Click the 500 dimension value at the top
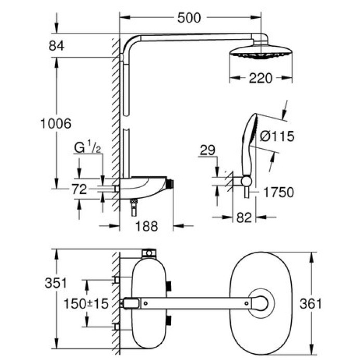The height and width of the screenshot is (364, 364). pyautogui.click(x=189, y=18)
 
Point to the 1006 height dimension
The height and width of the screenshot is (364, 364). pyautogui.click(x=56, y=124)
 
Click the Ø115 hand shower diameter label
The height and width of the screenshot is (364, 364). pyautogui.click(x=277, y=137)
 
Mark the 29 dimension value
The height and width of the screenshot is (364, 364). pyautogui.click(x=206, y=150)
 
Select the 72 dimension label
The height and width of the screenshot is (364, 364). pyautogui.click(x=79, y=190)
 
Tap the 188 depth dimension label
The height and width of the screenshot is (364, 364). pyautogui.click(x=147, y=226)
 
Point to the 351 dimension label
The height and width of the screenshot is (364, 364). pyautogui.click(x=56, y=283)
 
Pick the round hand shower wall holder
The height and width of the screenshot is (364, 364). pyautogui.click(x=247, y=180)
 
